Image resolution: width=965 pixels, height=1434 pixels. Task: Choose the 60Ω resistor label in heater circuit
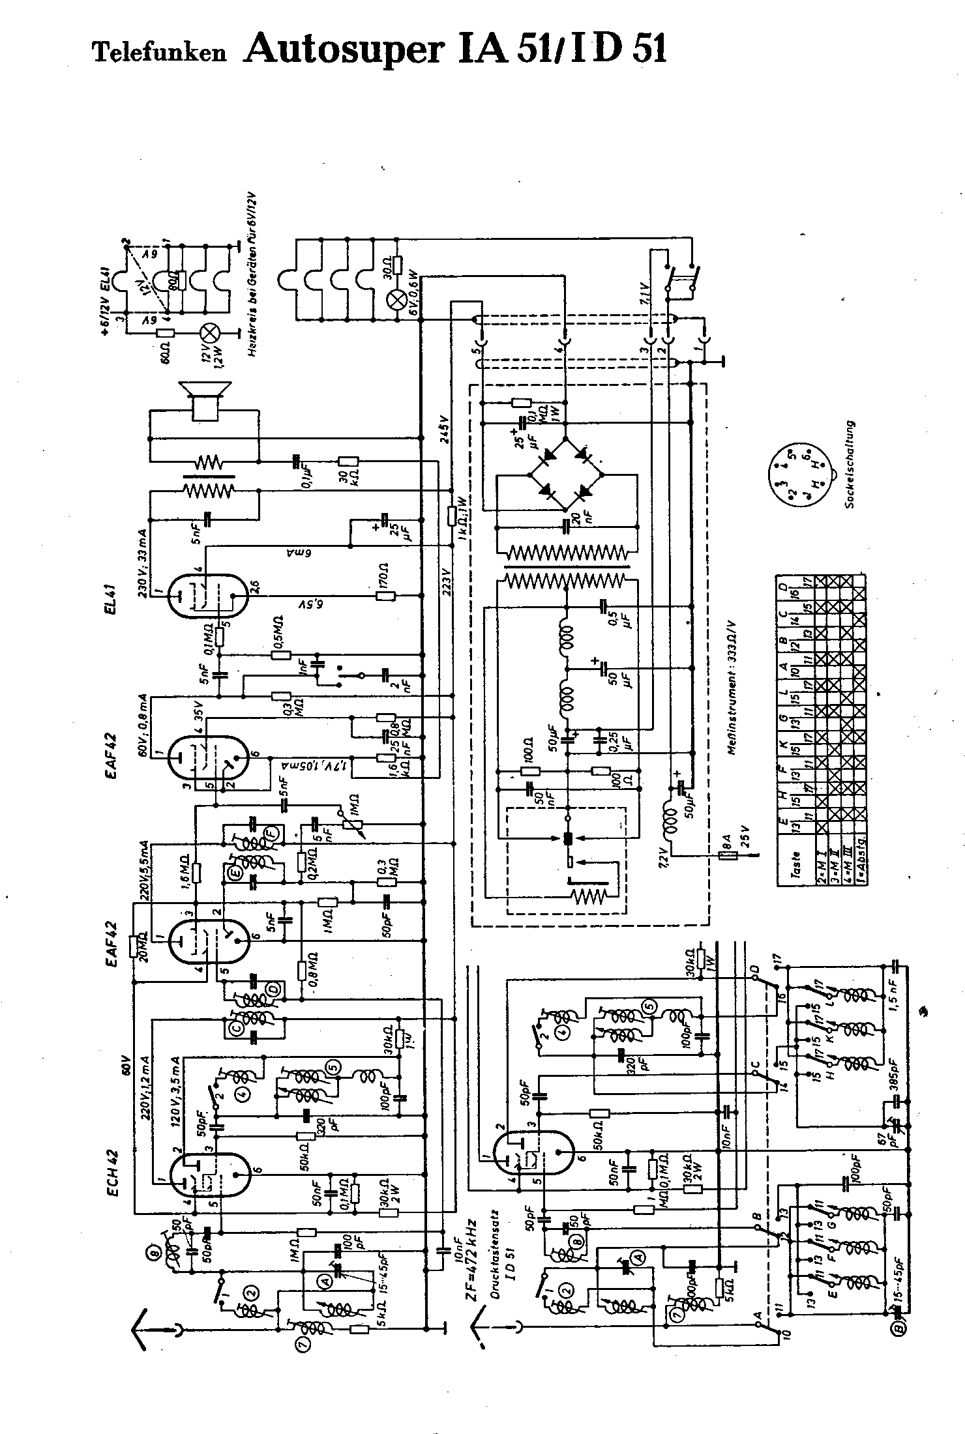click(x=166, y=353)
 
